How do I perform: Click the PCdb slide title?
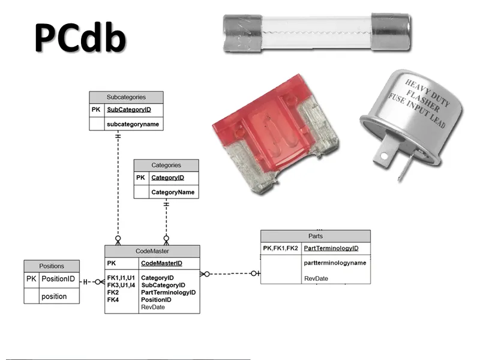[x=80, y=37]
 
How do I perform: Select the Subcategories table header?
[x=126, y=97]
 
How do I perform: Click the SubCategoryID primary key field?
[x=128, y=110]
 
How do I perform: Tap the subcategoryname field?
[x=133, y=124]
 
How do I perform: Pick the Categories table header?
[x=166, y=165]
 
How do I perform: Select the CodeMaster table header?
[x=152, y=251]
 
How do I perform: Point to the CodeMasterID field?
[x=161, y=263]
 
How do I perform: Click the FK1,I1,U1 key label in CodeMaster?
[x=121, y=278]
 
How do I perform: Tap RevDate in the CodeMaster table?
[x=152, y=307]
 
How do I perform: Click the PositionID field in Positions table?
[x=58, y=279]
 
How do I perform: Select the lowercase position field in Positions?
[x=53, y=296]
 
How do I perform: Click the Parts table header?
[x=315, y=236]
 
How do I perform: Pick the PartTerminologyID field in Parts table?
[x=331, y=248]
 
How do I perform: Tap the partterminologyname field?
[x=335, y=263]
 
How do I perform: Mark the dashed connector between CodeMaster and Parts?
[x=230, y=274]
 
